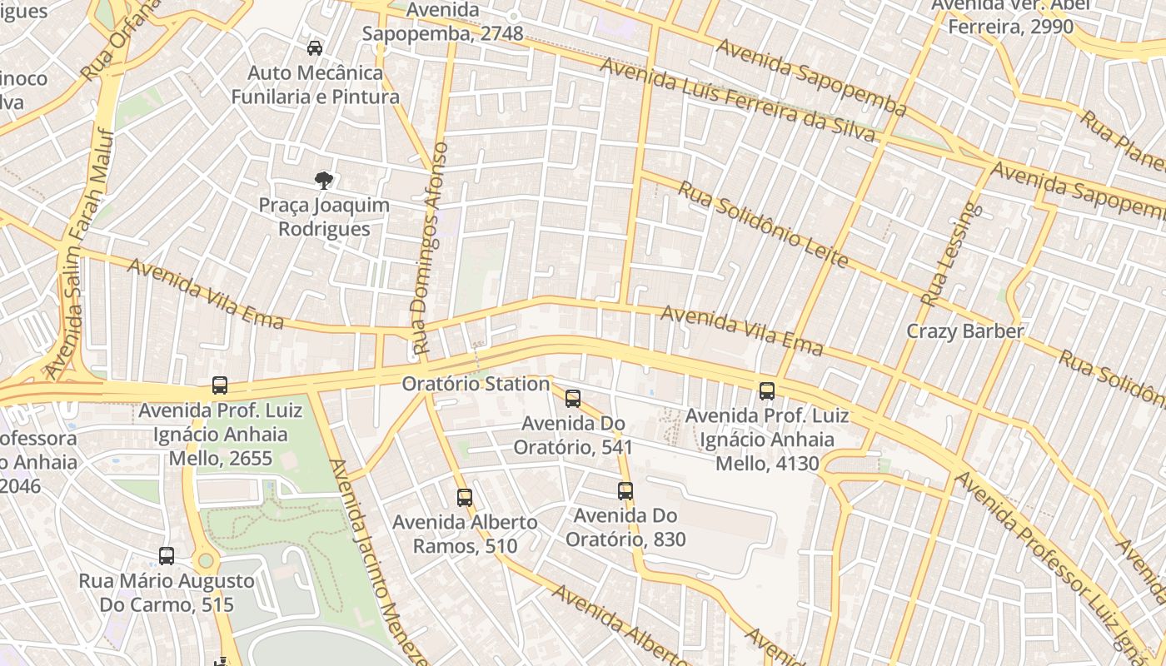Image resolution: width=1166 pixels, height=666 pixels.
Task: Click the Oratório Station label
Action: tap(476, 384)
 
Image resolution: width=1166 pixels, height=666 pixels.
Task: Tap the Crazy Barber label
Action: tap(964, 331)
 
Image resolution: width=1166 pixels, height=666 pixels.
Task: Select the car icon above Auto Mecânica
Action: tap(315, 48)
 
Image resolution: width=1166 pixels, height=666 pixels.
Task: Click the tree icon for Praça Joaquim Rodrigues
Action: tap(323, 180)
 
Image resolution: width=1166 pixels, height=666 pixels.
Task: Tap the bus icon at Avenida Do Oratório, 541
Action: tap(573, 399)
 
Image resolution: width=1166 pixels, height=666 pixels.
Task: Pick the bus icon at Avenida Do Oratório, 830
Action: tap(625, 491)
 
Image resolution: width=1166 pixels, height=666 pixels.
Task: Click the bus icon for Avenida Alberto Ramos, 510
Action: tap(465, 498)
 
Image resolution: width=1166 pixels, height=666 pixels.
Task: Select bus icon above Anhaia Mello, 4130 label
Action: tap(767, 390)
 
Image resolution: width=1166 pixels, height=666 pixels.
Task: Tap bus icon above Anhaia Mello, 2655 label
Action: tap(220, 385)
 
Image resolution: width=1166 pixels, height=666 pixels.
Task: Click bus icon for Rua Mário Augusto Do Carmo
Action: tap(167, 556)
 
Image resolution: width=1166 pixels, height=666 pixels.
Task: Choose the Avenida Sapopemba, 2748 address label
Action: tap(442, 22)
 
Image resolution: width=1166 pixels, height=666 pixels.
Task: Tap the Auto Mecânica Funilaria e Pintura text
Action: tap(315, 85)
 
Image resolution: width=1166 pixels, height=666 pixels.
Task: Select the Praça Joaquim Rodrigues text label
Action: tap(323, 216)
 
